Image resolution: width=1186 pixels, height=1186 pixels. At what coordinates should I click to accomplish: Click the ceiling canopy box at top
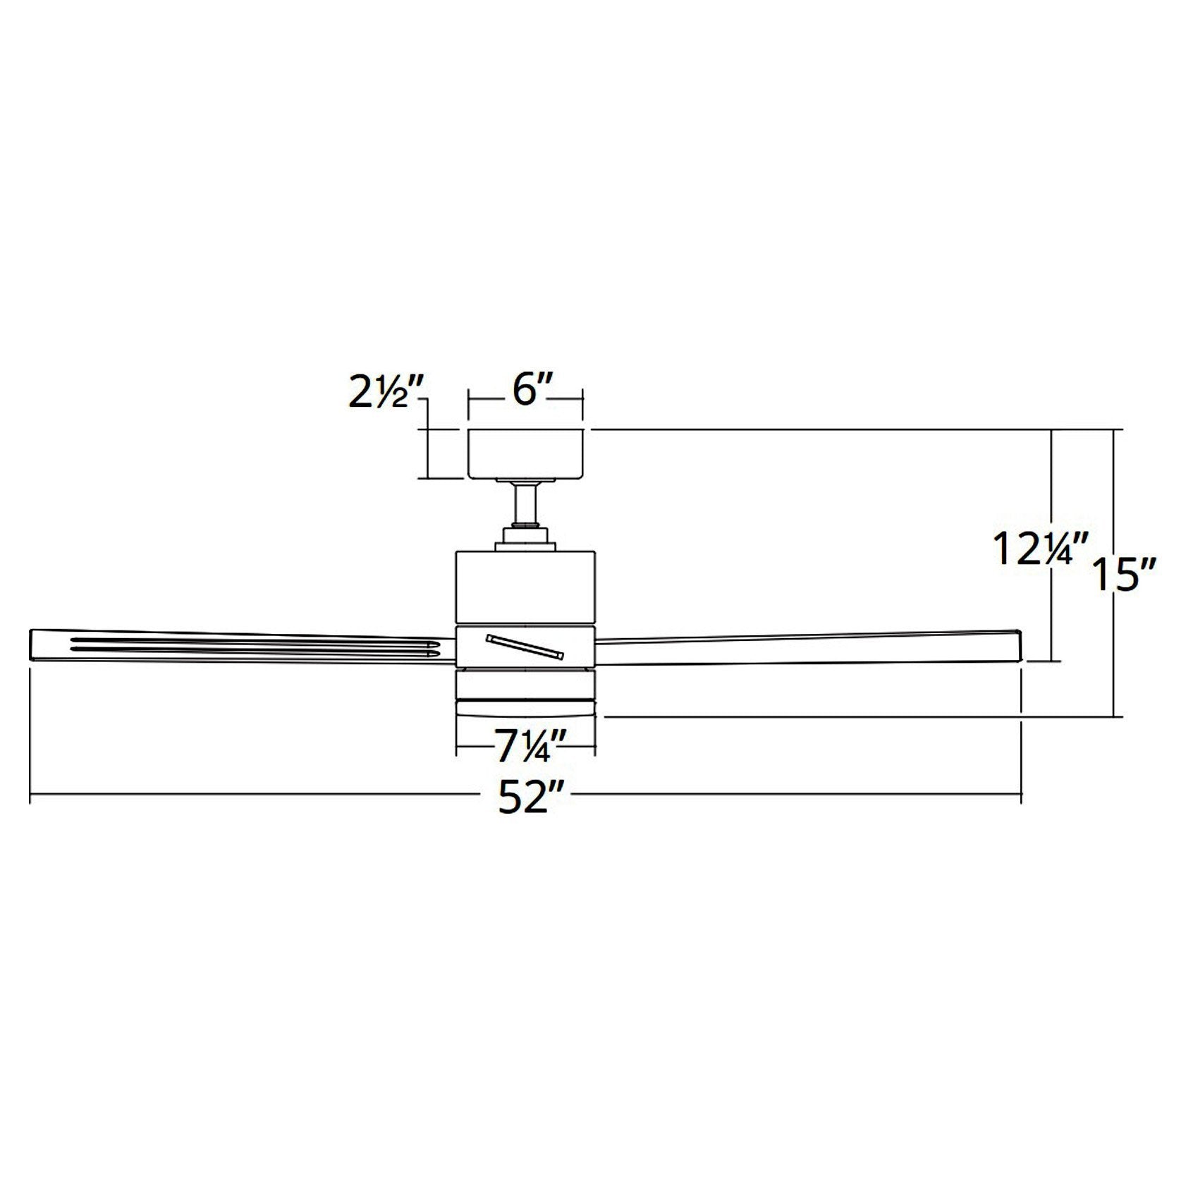[525, 453]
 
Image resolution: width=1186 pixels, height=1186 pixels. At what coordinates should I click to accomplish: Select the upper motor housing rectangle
[525, 587]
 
